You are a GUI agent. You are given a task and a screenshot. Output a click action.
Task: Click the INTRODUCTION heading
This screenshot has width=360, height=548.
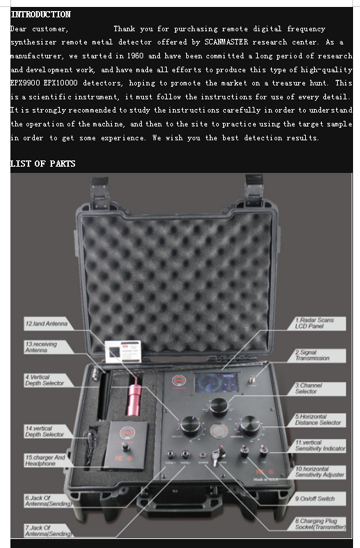(41, 15)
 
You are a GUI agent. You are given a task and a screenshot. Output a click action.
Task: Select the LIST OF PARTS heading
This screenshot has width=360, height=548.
(43, 163)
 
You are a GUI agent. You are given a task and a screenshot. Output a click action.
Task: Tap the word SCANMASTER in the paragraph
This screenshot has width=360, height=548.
(226, 42)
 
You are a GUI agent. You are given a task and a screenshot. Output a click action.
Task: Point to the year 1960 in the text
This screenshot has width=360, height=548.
(136, 56)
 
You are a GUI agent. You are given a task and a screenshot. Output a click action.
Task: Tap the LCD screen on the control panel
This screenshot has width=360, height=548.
(216, 382)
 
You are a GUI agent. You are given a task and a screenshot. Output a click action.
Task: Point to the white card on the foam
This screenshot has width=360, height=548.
(123, 351)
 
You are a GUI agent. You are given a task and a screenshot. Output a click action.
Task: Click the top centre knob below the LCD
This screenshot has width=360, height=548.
(219, 407)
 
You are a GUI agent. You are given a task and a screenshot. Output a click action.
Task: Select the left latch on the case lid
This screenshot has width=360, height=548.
(100, 192)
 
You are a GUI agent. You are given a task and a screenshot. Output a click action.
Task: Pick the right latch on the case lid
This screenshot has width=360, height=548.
(253, 191)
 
